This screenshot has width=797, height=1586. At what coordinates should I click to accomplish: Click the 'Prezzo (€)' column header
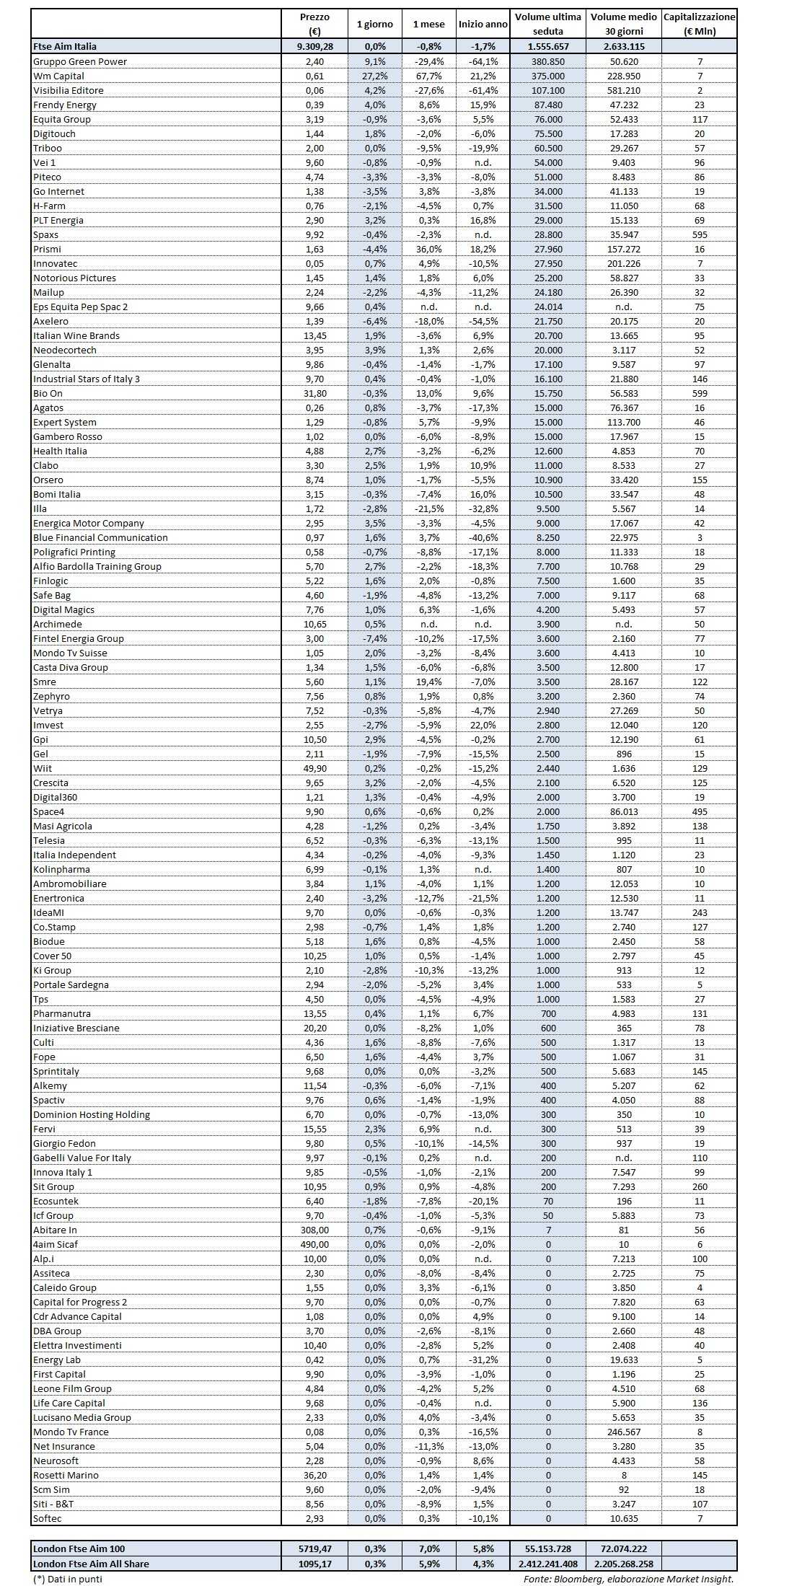pos(314,24)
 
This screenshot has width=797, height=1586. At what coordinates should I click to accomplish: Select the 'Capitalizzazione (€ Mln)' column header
pos(699,24)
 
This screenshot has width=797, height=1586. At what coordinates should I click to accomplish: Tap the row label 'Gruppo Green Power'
pos(80,61)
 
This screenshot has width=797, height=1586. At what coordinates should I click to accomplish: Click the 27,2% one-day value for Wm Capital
pos(375,76)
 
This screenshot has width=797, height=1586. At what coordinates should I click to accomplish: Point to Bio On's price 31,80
pos(314,393)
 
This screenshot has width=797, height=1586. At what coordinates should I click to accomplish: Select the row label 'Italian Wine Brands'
pos(76,335)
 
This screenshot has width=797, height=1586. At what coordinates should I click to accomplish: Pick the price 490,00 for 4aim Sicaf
pos(314,1244)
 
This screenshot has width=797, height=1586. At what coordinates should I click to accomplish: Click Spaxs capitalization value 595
pos(699,234)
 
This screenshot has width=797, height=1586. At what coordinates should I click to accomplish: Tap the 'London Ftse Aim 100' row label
pos(79,1548)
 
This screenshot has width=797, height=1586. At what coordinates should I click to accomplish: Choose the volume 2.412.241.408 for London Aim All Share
pos(548,1564)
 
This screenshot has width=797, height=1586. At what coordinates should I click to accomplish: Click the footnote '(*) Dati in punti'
pos(68,1579)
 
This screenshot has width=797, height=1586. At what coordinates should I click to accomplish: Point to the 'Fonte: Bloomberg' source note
pos(628,1579)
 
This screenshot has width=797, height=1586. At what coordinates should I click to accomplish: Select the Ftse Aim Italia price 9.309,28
pos(314,46)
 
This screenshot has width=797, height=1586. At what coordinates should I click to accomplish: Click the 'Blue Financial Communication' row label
pos(100,537)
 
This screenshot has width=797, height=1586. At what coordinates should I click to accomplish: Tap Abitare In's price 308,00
pos(314,1230)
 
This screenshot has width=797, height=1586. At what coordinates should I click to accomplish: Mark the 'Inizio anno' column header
pos(483,24)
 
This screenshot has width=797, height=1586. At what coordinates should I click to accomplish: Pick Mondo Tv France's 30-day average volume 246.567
pos(624,1432)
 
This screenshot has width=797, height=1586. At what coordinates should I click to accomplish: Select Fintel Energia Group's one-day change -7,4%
pos(375,638)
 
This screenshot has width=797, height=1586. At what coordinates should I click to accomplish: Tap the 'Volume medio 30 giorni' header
pos(624,24)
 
